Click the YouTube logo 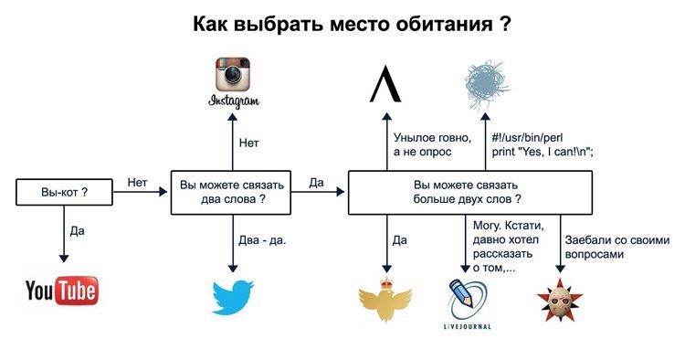point(62,291)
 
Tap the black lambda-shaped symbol point(385,83)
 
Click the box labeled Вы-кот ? point(64,193)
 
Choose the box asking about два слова point(229,192)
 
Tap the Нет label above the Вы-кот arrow point(138,183)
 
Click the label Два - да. point(263,239)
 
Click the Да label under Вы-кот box point(77,231)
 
